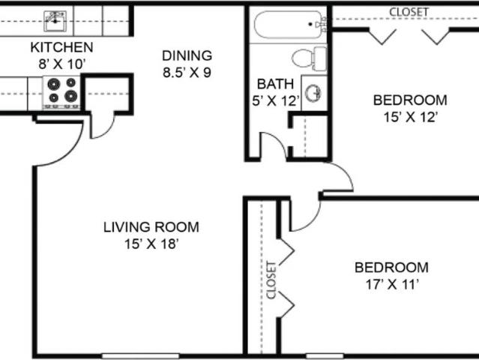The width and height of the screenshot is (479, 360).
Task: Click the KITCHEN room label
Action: (61, 47)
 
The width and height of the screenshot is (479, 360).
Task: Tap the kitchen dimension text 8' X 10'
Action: (61, 64)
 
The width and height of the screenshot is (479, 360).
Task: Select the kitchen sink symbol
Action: (55, 21)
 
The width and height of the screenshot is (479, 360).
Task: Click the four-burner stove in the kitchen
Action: (62, 92)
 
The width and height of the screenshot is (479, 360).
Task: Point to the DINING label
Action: (187, 55)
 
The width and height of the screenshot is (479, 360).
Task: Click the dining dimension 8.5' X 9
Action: (187, 73)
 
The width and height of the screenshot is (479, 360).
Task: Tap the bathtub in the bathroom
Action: (289, 25)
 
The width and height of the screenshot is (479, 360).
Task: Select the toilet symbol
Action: (309, 58)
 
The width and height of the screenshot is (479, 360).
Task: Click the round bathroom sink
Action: (313, 92)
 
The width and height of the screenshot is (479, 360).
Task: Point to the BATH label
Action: (276, 84)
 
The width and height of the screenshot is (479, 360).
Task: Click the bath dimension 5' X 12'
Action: (276, 100)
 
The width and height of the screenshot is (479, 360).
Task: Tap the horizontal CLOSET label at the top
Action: (409, 12)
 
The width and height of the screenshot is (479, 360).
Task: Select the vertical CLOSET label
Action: (271, 280)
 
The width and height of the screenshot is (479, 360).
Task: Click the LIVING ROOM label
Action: (151, 227)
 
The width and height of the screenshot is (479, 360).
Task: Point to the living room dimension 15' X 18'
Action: (151, 244)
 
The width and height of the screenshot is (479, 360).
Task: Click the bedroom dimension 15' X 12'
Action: (410, 117)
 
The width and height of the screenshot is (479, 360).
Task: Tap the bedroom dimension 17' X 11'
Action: (391, 284)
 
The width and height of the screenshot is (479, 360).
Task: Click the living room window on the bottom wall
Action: (140, 356)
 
